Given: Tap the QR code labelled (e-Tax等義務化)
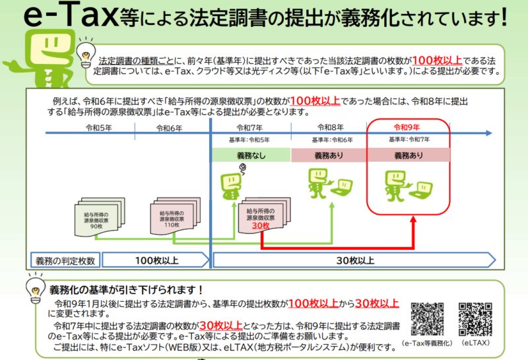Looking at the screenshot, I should [427, 319].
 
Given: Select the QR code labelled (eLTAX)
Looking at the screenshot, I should [475, 319].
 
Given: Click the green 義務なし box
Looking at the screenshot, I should [250, 155].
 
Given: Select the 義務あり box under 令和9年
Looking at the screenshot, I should [409, 155].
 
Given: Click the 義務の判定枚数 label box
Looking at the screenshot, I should [64, 260].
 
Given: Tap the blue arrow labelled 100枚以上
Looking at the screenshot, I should [155, 260].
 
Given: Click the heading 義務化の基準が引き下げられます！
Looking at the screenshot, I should [125, 290].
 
